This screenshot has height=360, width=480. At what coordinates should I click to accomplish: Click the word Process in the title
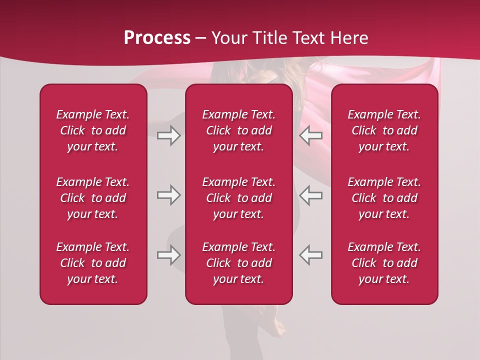[157, 38]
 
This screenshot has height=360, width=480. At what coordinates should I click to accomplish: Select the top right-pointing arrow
[168, 135]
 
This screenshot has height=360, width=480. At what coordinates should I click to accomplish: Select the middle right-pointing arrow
[168, 195]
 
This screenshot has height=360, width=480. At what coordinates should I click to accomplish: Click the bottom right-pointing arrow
[168, 255]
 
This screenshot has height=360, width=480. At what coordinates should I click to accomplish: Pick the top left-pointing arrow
[311, 135]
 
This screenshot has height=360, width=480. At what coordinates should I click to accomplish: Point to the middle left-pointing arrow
[311, 195]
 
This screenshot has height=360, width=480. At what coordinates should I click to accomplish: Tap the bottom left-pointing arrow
[311, 255]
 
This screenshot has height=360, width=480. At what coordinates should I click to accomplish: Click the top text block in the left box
[93, 130]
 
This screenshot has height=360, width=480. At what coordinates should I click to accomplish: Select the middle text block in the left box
[93, 198]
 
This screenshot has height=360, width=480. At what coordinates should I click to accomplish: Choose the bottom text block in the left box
[93, 263]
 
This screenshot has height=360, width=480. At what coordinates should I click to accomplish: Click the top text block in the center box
[239, 130]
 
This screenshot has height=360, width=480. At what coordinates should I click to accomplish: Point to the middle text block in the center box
[239, 198]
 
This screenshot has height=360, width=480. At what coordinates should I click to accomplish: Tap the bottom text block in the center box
[239, 263]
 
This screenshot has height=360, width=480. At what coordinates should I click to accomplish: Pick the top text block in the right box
[384, 130]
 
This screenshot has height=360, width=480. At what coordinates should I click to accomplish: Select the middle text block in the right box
[384, 198]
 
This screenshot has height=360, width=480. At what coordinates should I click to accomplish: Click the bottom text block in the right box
[384, 263]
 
